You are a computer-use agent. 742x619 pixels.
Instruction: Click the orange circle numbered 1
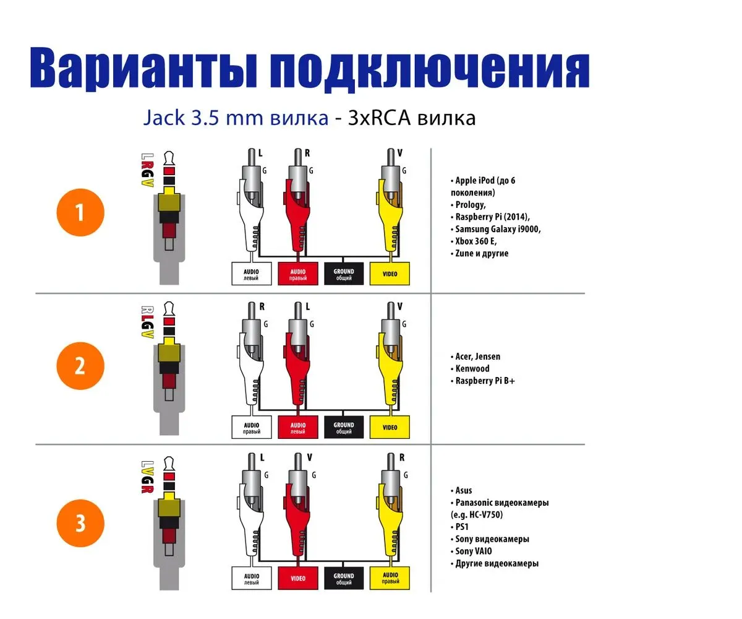80,212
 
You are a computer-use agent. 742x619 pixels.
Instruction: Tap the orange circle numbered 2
80,366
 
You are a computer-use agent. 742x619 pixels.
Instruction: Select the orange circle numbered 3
80,523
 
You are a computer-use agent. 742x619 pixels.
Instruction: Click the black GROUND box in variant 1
344,274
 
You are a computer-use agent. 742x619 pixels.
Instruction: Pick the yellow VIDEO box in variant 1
390,274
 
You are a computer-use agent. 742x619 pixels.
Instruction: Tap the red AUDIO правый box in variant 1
298,274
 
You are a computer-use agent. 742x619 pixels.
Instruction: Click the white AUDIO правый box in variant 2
252,428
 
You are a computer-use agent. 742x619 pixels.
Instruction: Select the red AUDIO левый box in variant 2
298,428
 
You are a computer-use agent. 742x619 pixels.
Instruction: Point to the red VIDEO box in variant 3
298,579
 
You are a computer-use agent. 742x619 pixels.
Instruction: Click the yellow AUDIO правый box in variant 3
390,579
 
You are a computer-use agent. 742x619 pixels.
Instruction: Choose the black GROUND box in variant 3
344,579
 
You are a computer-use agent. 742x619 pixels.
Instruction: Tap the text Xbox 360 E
476,241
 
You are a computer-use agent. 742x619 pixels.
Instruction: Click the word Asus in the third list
464,491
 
